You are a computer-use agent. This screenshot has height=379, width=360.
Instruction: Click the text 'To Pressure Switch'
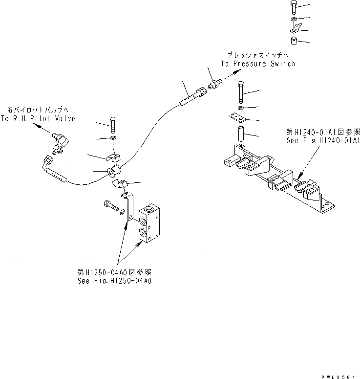257,64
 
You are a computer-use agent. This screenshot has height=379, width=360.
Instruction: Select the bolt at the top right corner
293,7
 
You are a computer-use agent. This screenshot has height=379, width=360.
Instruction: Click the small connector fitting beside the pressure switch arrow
214,83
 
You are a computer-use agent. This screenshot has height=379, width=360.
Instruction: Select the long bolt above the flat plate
242,92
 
